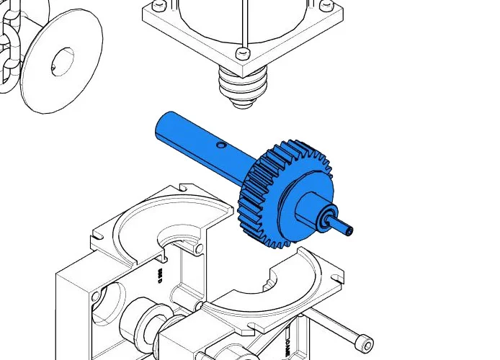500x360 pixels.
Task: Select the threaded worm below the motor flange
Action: (x=244, y=86)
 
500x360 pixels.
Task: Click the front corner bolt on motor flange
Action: (x=241, y=53)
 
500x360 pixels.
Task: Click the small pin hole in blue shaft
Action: (x=222, y=145)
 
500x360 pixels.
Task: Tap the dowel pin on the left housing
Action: (x=198, y=248)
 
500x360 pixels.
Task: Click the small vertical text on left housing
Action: (x=160, y=275)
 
